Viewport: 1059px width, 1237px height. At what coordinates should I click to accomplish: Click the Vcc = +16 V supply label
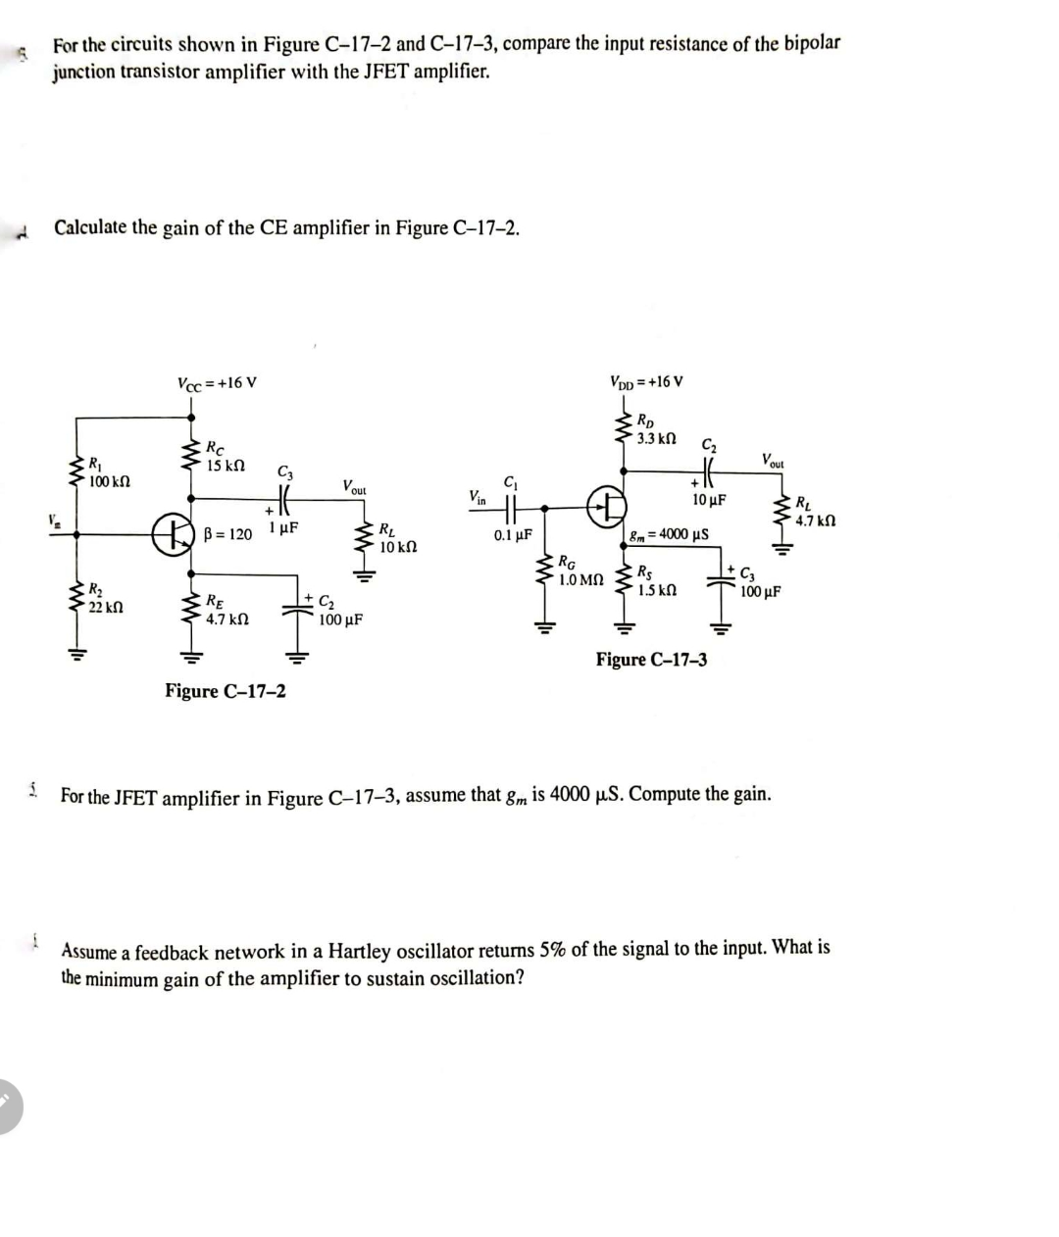tap(217, 382)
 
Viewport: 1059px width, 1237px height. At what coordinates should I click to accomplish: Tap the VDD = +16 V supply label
tap(646, 381)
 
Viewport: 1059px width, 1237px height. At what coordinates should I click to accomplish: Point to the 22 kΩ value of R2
tap(105, 608)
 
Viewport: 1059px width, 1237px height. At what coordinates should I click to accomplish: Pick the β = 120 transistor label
tap(227, 534)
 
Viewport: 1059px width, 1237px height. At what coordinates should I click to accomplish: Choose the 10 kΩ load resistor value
tap(399, 547)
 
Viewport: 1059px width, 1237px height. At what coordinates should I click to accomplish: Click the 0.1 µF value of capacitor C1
tap(513, 536)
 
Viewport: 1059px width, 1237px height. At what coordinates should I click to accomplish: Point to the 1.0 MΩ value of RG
tap(580, 579)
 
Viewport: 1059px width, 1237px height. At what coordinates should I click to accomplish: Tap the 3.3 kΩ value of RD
tap(657, 438)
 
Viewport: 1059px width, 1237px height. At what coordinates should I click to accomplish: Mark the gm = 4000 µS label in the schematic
tap(670, 534)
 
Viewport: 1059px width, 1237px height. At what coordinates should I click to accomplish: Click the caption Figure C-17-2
tap(226, 691)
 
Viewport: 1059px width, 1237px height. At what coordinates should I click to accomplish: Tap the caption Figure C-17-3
tap(651, 660)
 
